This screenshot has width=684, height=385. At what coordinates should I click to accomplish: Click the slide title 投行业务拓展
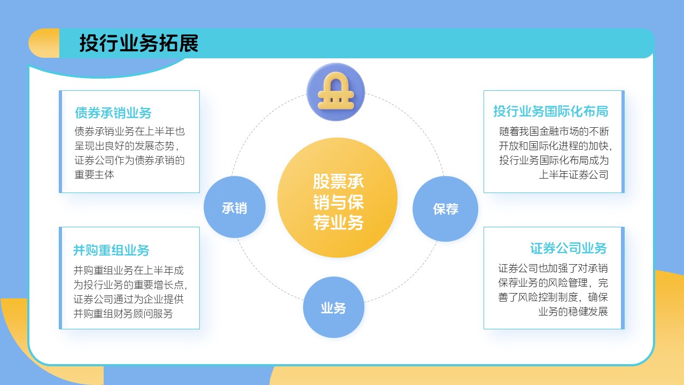139,43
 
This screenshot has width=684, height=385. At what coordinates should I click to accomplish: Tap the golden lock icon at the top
336,91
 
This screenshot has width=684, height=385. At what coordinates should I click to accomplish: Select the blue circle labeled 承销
235,207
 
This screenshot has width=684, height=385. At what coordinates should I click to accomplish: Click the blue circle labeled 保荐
445,209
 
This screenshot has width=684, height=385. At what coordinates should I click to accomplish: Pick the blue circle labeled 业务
333,307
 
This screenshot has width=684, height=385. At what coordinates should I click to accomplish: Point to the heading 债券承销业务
113,113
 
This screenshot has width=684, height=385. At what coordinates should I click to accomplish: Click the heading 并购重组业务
111,250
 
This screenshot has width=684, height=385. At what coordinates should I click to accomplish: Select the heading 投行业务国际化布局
550,111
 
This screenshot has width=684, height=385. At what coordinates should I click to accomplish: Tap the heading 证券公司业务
569,248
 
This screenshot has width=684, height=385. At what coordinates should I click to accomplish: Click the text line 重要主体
95,174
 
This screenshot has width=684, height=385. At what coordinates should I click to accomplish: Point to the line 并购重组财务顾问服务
123,314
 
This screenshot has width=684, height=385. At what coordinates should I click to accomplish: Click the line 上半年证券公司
573,174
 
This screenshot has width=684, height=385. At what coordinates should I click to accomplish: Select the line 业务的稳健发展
573,312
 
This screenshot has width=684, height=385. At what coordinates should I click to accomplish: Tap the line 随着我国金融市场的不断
554,131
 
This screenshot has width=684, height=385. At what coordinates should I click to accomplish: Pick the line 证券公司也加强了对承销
553,268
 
